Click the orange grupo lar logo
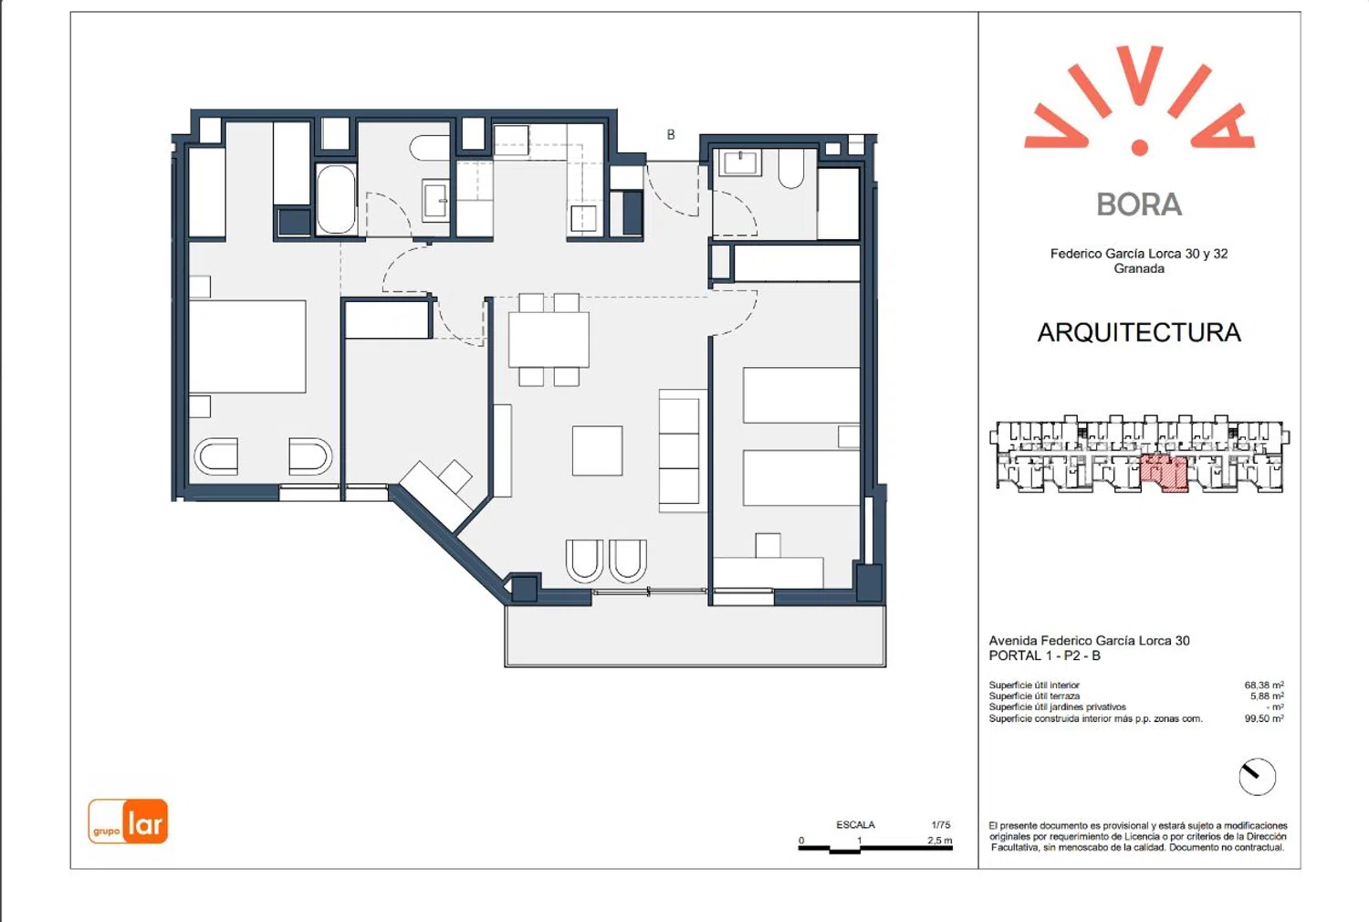pos(128,821)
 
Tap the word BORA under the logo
pos(1139,204)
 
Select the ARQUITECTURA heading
pos(1139,332)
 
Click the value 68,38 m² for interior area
pos(1264,686)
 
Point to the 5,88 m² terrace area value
pos(1267,697)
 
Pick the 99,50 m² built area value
pos(1264,719)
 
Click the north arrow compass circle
pos(1257,777)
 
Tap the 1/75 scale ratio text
pos(941,825)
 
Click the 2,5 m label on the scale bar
pos(940,840)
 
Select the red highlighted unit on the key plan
pos(1164,473)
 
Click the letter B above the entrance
pos(671,134)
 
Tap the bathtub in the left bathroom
pos(336,199)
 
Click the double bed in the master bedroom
pos(247,347)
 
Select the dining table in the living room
pos(549,340)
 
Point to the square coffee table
pos(597,451)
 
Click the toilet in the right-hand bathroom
pos(791,168)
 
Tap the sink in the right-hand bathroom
pos(739,163)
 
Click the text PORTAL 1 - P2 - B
pos(1044,656)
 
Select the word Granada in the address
pos(1139,268)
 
